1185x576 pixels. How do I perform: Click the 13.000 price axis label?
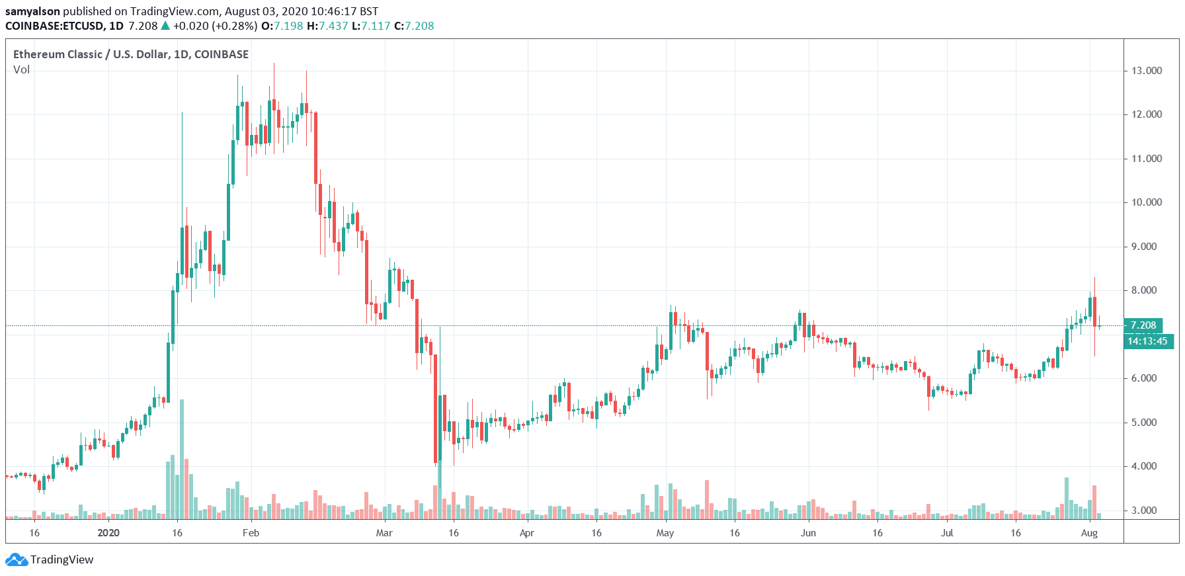pyautogui.click(x=1146, y=71)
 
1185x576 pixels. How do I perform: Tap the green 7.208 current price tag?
pyautogui.click(x=1143, y=325)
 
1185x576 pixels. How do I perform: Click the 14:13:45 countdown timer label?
pyautogui.click(x=1147, y=341)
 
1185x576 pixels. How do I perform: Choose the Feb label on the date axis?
pyautogui.click(x=251, y=533)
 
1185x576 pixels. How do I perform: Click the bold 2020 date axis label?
pyautogui.click(x=108, y=533)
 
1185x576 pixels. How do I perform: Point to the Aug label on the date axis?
pyautogui.click(x=1089, y=533)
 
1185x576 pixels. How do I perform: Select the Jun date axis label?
pyautogui.click(x=808, y=533)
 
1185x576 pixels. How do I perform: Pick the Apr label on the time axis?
pyautogui.click(x=526, y=533)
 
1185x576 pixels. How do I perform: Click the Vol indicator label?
pyautogui.click(x=21, y=70)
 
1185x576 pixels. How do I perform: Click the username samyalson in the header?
pyautogui.click(x=32, y=11)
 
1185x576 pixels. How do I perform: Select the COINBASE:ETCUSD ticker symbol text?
pyautogui.click(x=54, y=26)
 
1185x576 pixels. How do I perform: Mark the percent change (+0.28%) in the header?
pyautogui.click(x=234, y=26)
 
